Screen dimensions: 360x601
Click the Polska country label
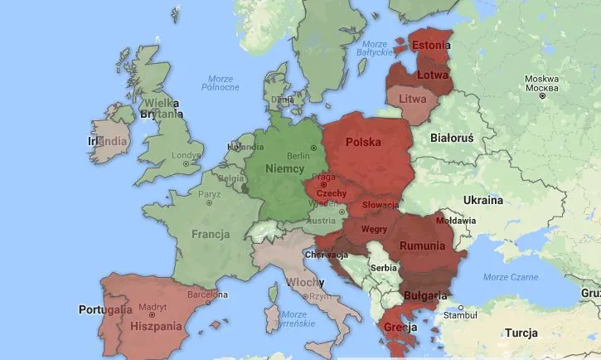pyautogui.click(x=364, y=142)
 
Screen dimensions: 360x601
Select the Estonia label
pyautogui.click(x=432, y=46)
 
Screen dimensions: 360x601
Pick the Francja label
pyautogui.click(x=211, y=234)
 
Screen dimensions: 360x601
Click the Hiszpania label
pyautogui.click(x=156, y=326)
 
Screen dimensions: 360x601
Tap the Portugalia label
pyautogui.click(x=105, y=309)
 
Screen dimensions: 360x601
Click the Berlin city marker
pyautogui.click(x=313, y=148)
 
